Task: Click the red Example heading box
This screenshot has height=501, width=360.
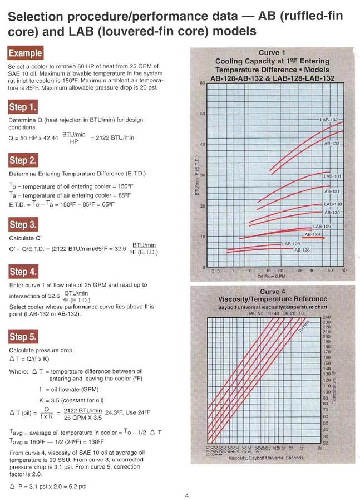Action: coord(26,53)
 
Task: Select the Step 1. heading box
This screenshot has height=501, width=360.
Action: coord(23,107)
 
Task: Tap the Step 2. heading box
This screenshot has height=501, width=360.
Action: coord(23,160)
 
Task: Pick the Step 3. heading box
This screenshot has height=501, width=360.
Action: coord(23,225)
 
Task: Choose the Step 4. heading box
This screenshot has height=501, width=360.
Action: coord(23,272)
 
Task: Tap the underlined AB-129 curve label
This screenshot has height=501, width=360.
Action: coord(313,235)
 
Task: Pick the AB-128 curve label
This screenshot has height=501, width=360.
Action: coord(302,250)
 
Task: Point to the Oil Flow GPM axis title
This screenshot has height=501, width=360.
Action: coord(272,276)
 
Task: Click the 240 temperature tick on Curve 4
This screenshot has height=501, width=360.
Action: coord(326,317)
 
